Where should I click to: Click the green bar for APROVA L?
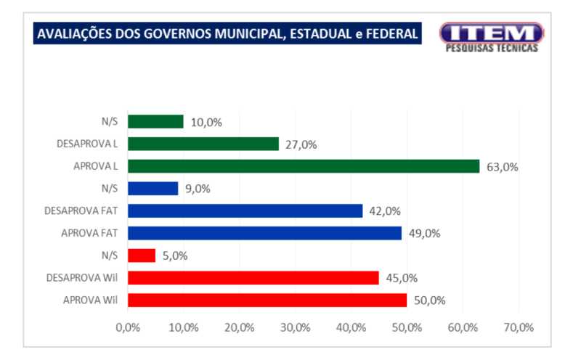coord(304,166)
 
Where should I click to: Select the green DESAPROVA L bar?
coord(203,144)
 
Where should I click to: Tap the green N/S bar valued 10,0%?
coord(155,121)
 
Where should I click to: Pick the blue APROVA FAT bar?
coord(264,233)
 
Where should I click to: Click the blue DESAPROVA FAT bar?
coord(245,210)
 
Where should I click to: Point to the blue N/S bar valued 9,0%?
coord(153,189)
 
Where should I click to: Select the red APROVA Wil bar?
coord(267,300)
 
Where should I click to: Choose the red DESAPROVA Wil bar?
coord(253,278)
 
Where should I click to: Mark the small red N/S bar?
coord(142,255)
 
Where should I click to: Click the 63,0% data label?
coord(502,167)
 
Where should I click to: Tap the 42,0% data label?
coord(384,211)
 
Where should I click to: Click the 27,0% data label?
coord(300,144)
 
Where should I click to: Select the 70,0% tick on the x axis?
coord(519,327)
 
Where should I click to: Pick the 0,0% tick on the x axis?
coord(128,327)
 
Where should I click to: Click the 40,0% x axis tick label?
coord(351,327)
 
